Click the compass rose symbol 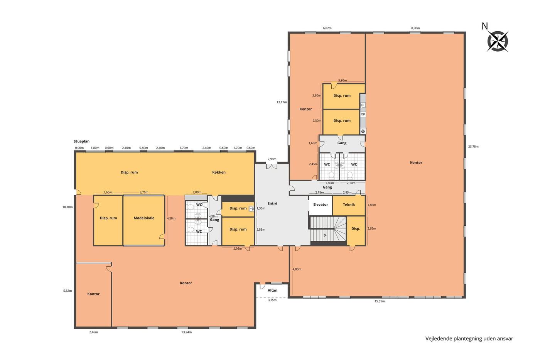498,41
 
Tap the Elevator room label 321,205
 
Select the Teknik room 349,205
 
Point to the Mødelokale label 144,218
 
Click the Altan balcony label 272,290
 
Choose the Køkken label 219,172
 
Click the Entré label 272,203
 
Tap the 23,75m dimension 473,146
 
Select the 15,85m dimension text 380,301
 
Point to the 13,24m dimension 186,332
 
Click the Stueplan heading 81,141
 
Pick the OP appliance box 363,114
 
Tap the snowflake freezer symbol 363,131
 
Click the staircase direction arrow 325,235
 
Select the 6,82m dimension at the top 327,28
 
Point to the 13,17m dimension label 282,102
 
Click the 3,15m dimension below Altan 272,300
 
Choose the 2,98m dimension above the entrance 272,159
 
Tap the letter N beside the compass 484,26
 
